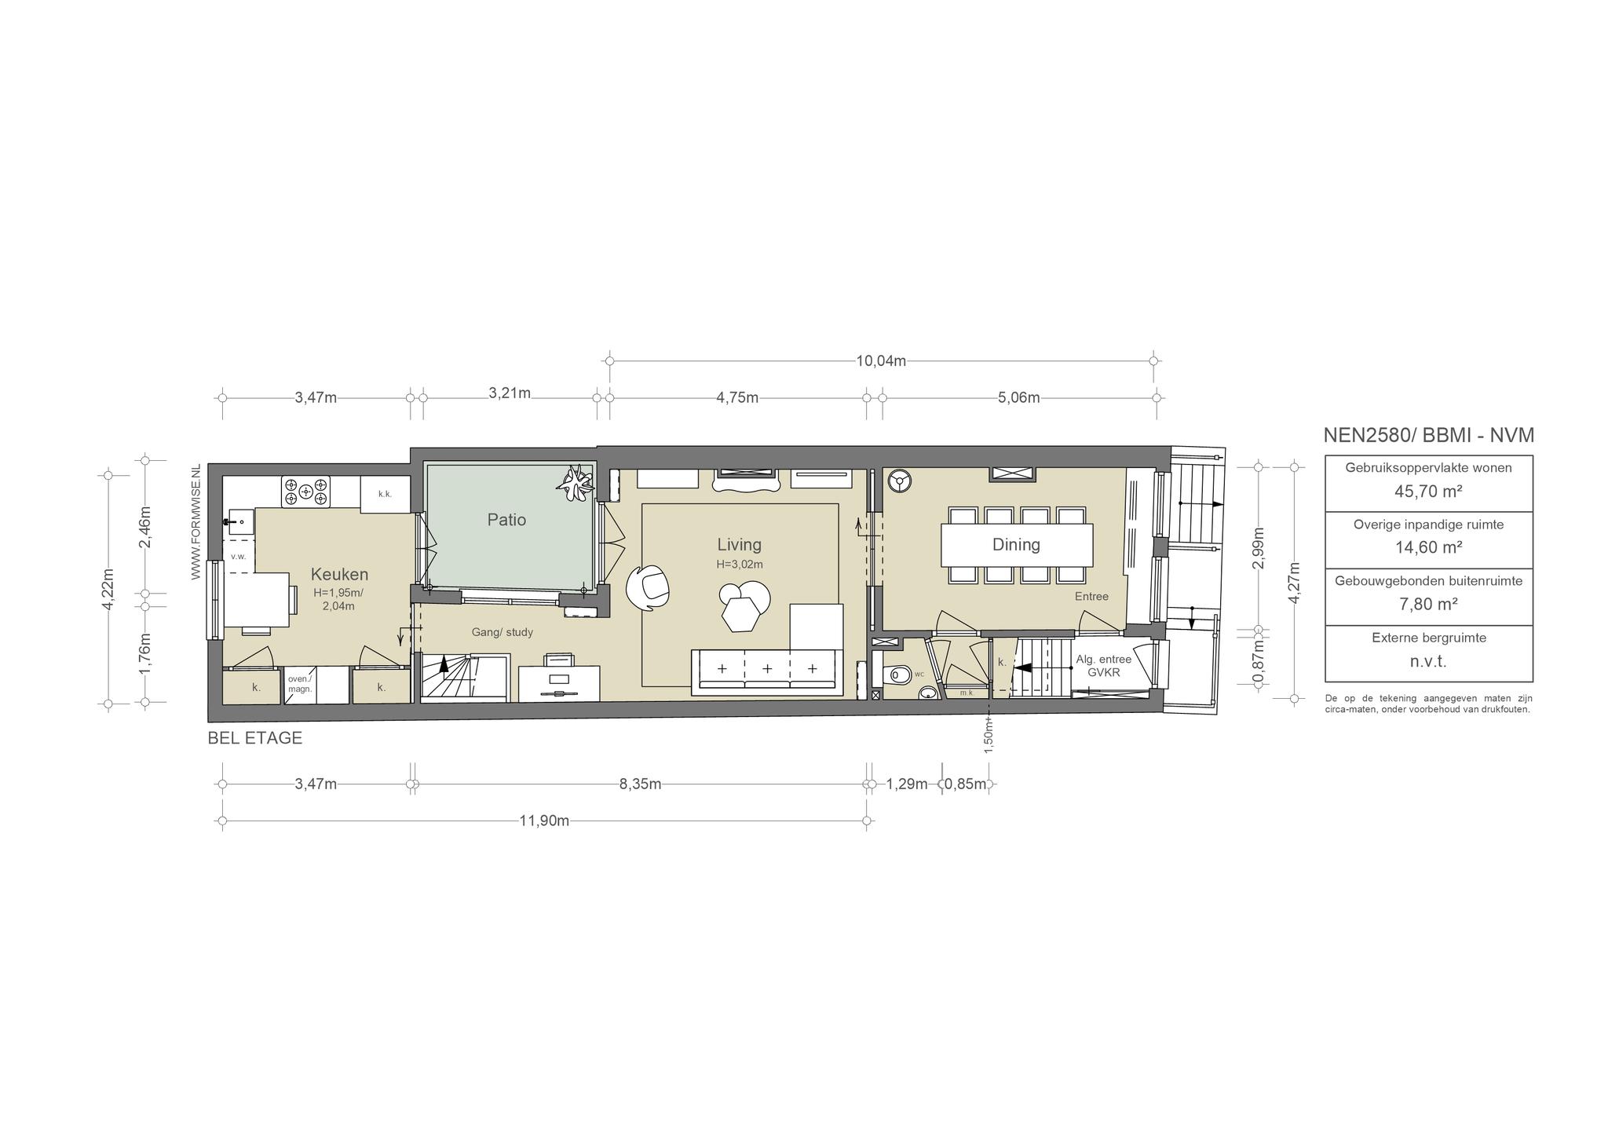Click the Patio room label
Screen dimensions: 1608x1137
[506, 520]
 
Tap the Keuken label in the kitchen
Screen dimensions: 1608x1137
[339, 574]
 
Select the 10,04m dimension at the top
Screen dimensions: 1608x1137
[881, 361]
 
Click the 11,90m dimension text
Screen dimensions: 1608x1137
[544, 821]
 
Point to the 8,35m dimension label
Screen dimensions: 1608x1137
[640, 784]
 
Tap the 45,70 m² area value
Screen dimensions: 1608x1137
[1428, 492]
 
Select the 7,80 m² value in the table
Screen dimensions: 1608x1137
[1428, 605]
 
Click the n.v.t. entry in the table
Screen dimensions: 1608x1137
[1428, 661]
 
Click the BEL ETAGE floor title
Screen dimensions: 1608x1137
[254, 738]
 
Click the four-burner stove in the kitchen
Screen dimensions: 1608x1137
[306, 492]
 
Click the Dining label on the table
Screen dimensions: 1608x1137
[1016, 545]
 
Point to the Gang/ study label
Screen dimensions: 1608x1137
[502, 632]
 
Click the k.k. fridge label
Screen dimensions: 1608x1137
[385, 494]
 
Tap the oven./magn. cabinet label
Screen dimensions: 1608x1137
[300, 684]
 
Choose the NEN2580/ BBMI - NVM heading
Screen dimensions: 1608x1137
[1428, 436]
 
